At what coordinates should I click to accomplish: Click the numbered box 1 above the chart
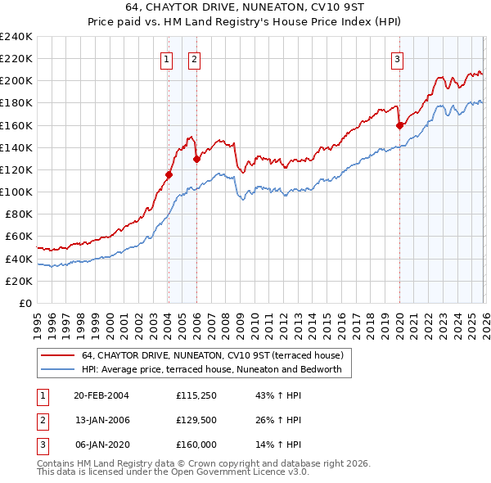pos(166,59)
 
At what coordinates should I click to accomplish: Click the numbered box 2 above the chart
pos(194,59)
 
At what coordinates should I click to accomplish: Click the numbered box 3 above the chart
pos(397,59)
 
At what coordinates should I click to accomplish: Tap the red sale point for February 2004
pos(169,174)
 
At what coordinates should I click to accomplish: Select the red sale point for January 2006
pos(196,159)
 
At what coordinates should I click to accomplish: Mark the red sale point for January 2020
pos(399,125)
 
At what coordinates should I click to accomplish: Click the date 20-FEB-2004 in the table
pos(101,395)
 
